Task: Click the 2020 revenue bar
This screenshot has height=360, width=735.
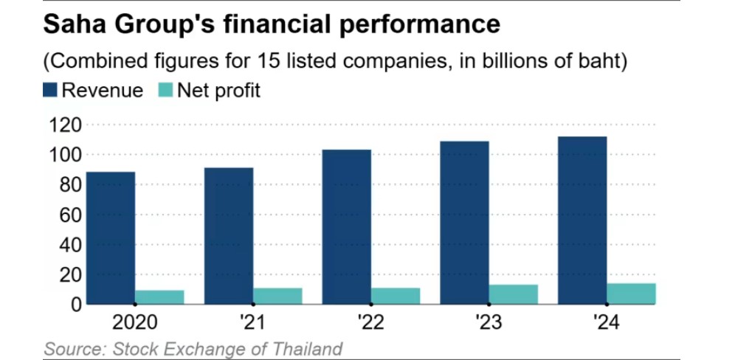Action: point(111,238)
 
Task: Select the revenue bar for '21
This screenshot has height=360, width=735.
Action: point(229,235)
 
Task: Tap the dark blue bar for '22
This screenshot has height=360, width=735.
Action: point(346,226)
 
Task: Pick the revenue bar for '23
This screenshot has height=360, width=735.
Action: point(464,222)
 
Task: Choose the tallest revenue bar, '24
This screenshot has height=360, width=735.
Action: point(582,220)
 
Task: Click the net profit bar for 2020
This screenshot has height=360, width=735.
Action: point(159,297)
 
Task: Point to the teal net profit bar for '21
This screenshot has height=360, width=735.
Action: point(277,295)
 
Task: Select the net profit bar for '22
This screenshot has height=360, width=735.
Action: point(396,295)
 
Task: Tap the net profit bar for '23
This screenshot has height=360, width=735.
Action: point(514,294)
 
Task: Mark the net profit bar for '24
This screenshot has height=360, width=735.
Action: point(631,293)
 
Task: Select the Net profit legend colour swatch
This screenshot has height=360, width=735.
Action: point(167,91)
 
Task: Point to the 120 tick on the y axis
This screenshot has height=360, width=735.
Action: point(62,125)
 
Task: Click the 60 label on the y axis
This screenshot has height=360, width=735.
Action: point(67,215)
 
